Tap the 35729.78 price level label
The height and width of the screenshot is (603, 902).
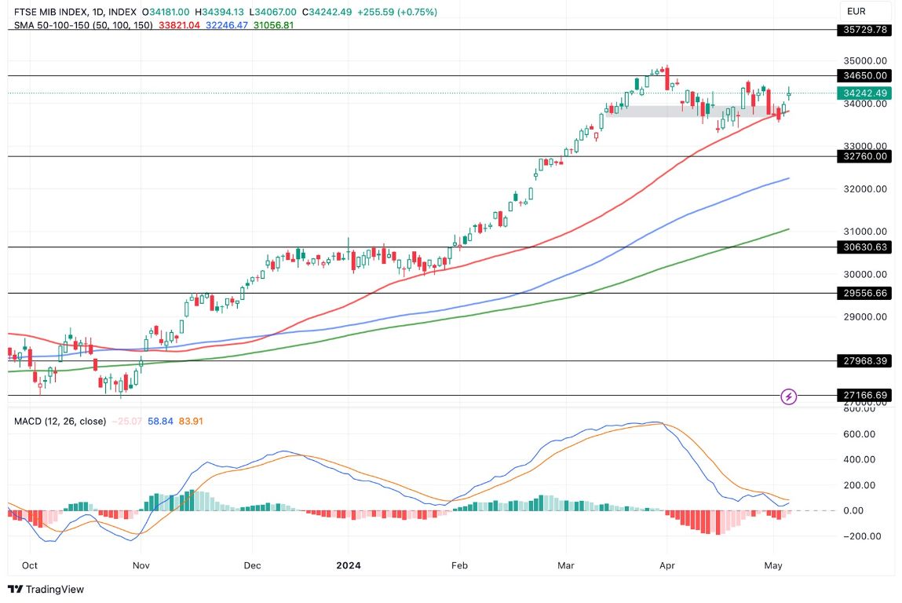coord(864,30)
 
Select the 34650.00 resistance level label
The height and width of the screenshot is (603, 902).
coord(864,76)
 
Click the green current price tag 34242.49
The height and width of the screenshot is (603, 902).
coord(864,93)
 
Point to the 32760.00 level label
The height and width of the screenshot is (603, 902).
coord(864,156)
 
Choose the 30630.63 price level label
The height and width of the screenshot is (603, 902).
coord(864,247)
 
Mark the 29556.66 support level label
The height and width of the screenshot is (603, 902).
coord(864,293)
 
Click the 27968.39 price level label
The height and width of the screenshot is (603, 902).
coord(864,360)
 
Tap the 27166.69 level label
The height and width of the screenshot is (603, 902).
coord(864,395)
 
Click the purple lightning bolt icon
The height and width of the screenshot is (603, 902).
coord(789,397)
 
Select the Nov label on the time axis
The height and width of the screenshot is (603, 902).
coord(141,565)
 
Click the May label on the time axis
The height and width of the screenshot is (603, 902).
coord(774,565)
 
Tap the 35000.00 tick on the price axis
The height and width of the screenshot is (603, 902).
coord(865,60)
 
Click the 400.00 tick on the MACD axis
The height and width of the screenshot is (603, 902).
coord(861,459)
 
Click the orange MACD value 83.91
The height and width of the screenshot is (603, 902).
coord(191,422)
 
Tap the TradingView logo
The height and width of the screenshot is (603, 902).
coord(46,589)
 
